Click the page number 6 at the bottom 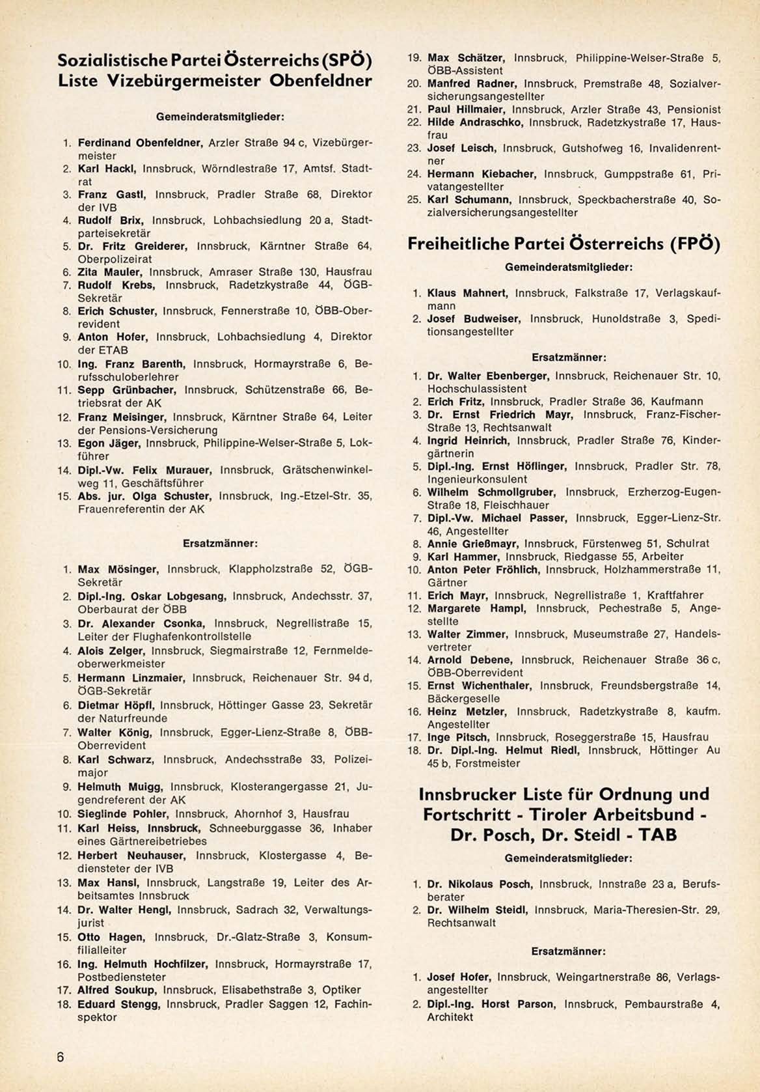60,1057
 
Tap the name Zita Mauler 111,272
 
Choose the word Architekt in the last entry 450,1017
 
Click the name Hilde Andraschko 476,122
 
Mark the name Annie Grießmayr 473,544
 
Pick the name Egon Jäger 109,443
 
